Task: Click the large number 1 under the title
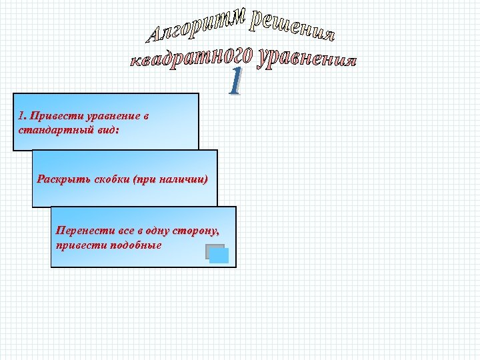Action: pyautogui.click(x=234, y=82)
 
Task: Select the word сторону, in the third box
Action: pyautogui.click(x=195, y=231)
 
